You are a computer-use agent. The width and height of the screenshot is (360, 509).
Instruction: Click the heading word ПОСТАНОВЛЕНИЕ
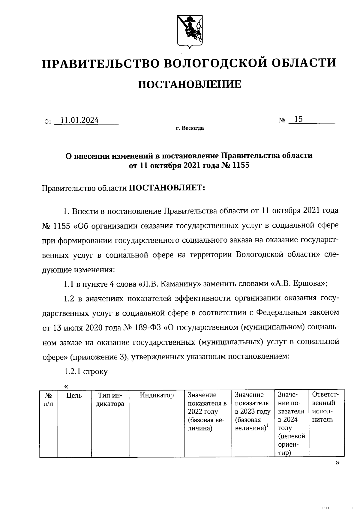189,84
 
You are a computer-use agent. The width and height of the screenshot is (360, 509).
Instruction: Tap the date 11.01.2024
79,120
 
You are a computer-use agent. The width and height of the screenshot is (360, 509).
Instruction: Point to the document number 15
298,119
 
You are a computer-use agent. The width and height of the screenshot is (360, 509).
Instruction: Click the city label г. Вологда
190,128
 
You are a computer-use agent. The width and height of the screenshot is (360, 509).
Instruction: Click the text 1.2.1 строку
86,372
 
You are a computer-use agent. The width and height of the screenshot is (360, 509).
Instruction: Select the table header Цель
74,396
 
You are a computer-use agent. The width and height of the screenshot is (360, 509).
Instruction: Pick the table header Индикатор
157,395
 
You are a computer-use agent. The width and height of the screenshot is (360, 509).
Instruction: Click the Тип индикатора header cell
110,400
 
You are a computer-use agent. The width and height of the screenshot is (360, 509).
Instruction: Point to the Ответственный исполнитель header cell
325,407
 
